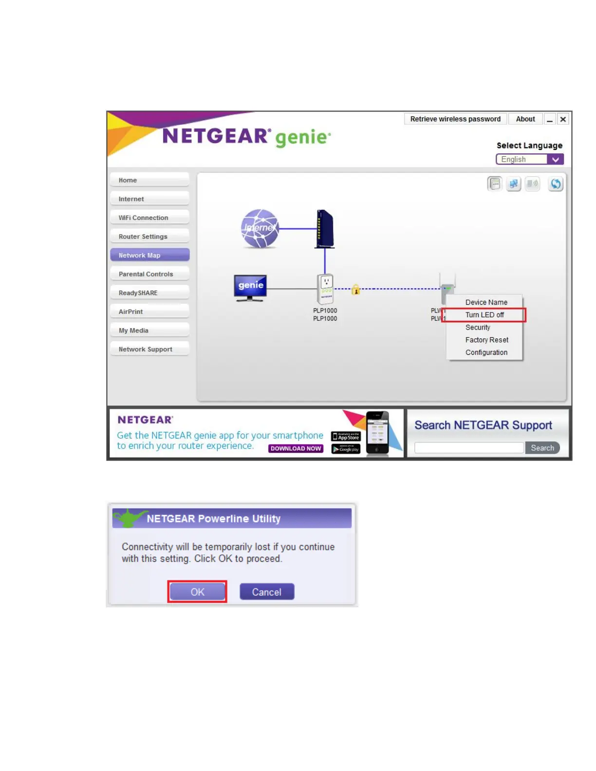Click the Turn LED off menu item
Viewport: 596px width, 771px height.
pyautogui.click(x=484, y=315)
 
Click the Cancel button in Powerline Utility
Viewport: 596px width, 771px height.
pyautogui.click(x=267, y=592)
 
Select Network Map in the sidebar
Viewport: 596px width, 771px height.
pyautogui.click(x=149, y=255)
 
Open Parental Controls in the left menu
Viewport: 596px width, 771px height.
pyautogui.click(x=149, y=274)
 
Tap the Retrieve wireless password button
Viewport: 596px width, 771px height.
pyautogui.click(x=455, y=119)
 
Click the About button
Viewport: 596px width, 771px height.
pyautogui.click(x=525, y=119)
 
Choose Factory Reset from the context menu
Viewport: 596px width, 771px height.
pyautogui.click(x=486, y=340)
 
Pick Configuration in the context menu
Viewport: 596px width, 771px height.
pyautogui.click(x=486, y=352)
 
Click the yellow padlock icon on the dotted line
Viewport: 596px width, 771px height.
pyautogui.click(x=356, y=290)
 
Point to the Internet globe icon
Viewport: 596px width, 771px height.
pyautogui.click(x=260, y=228)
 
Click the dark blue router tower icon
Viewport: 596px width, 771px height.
pyautogui.click(x=325, y=228)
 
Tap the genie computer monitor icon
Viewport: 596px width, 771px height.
pyautogui.click(x=250, y=287)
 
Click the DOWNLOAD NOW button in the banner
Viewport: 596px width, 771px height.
pyautogui.click(x=296, y=448)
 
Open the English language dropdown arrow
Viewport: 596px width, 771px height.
pyautogui.click(x=555, y=160)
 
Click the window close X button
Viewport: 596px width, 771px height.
pyautogui.click(x=563, y=119)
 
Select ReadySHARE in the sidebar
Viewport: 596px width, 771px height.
pyautogui.click(x=149, y=293)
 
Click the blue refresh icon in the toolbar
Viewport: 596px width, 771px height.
pyautogui.click(x=555, y=184)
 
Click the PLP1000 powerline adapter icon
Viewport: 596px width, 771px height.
pyautogui.click(x=326, y=289)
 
